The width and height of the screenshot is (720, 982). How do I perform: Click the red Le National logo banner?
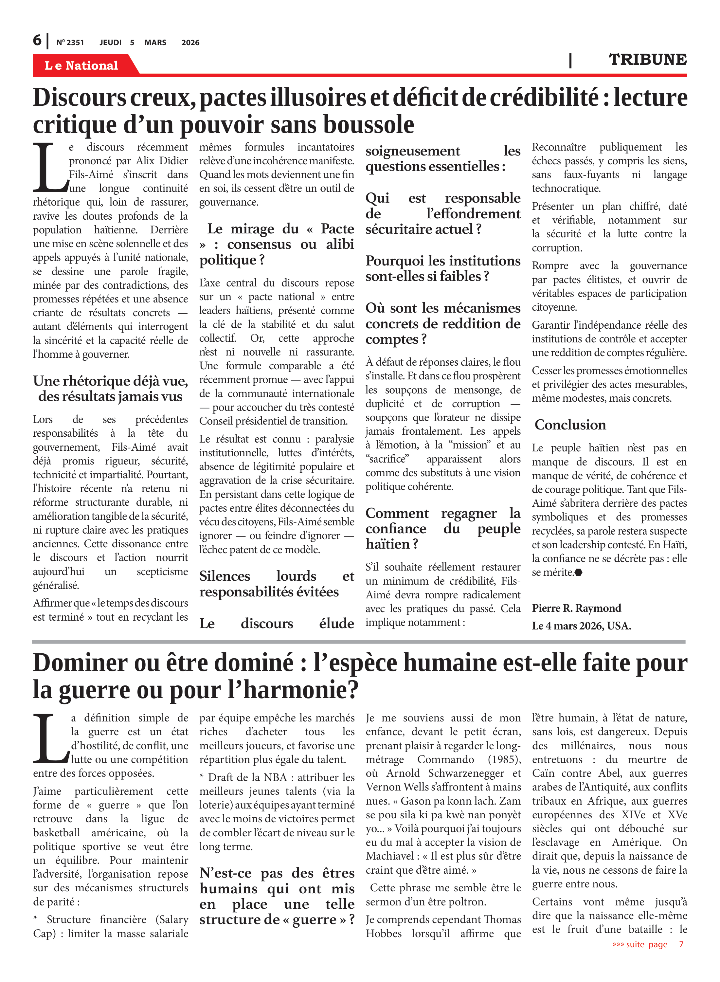pyautogui.click(x=81, y=65)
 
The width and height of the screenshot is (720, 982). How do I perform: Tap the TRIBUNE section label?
pyautogui.click(x=647, y=59)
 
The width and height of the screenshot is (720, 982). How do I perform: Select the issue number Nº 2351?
pyautogui.click(x=70, y=43)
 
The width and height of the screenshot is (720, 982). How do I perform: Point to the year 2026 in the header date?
pyautogui.click(x=190, y=43)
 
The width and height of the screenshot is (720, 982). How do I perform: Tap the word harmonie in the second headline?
pyautogui.click(x=296, y=690)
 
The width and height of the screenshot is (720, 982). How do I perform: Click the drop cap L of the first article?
pyautogui.click(x=49, y=168)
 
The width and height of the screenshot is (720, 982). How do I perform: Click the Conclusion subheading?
pyautogui.click(x=570, y=425)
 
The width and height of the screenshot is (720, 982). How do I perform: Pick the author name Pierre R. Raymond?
pyautogui.click(x=576, y=608)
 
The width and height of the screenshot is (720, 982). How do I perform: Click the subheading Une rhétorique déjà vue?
pyautogui.click(x=110, y=381)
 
